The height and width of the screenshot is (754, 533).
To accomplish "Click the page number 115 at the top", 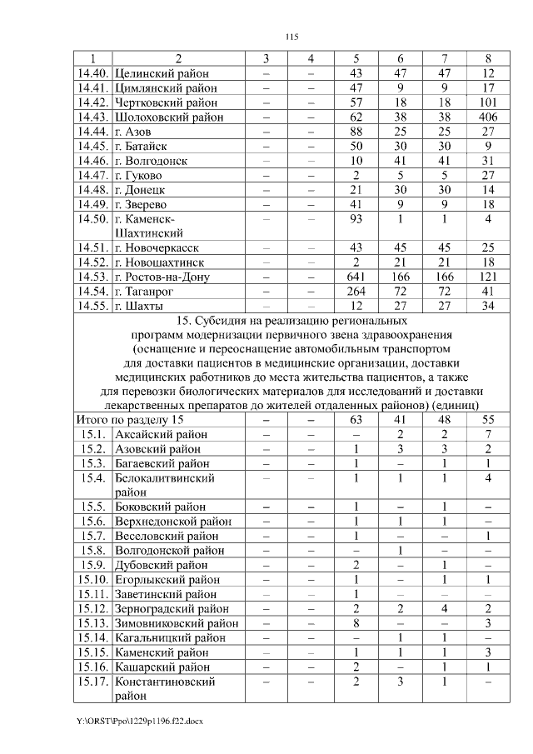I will tap(291, 36).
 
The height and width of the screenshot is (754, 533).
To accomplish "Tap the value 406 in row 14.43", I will tap(488, 117).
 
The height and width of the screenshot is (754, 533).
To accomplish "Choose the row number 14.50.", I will tap(92, 219).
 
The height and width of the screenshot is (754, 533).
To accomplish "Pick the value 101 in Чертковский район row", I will tap(488, 102).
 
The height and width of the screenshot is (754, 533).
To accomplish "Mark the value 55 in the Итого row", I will tap(488, 420).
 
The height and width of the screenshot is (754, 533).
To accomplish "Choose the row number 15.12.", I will tap(92, 608).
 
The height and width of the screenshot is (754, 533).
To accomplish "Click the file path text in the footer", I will tap(139, 720).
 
